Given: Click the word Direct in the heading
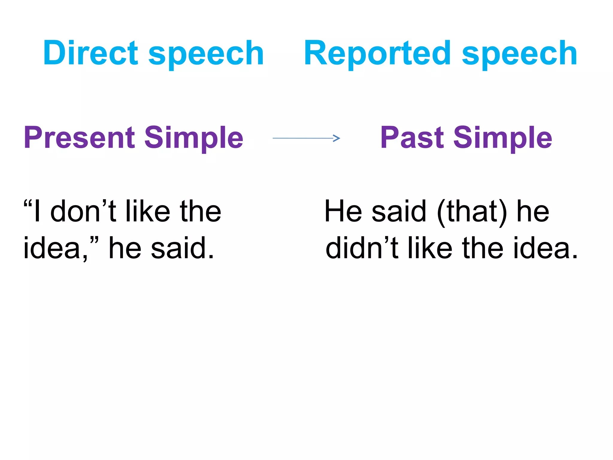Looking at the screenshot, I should click(x=90, y=53).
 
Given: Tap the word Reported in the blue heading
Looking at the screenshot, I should click(x=377, y=53).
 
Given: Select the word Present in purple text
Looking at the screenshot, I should click(x=79, y=138).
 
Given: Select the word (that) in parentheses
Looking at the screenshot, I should click(x=472, y=212).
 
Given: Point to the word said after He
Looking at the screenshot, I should click(x=399, y=211).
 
